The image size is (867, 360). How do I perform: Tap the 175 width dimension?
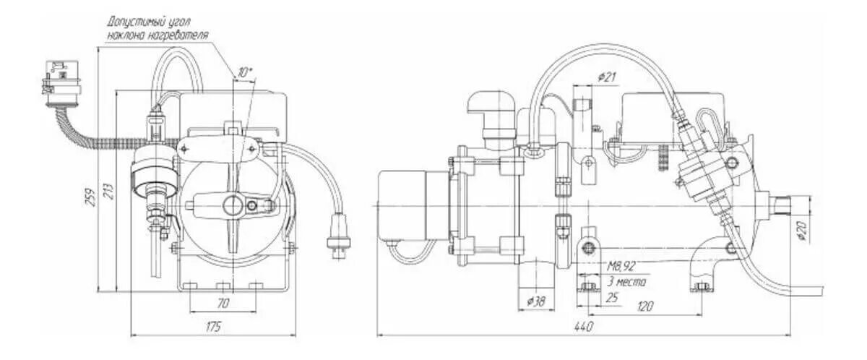(x=213, y=327)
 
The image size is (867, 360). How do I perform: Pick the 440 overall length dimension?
(x=585, y=327)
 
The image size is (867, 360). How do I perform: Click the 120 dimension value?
(x=644, y=307)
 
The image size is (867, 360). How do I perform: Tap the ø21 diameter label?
(x=607, y=77)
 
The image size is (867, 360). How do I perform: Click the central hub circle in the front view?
(x=233, y=205)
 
